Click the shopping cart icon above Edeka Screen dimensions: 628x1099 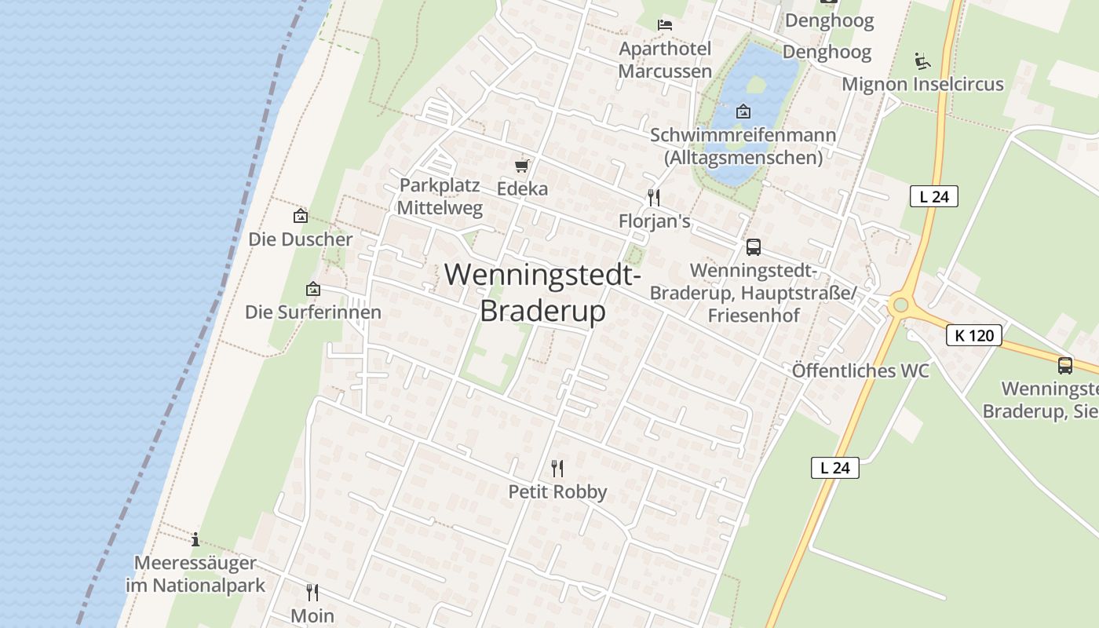pyautogui.click(x=522, y=166)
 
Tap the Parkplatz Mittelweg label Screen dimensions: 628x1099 pyautogui.click(x=440, y=197)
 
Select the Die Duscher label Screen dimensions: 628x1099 pyautogui.click(x=301, y=239)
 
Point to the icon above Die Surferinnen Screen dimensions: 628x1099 pyautogui.click(x=313, y=290)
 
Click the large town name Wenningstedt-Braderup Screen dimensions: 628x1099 pyautogui.click(x=543, y=293)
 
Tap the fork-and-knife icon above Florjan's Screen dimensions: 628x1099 pyautogui.click(x=653, y=197)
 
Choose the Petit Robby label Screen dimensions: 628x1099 pyautogui.click(x=557, y=492)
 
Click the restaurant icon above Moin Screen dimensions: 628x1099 pyautogui.click(x=312, y=592)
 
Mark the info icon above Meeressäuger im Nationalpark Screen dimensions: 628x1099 pyautogui.click(x=195, y=539)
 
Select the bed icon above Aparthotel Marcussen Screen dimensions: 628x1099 pyautogui.click(x=665, y=25)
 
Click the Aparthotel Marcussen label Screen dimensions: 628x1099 pyautogui.click(x=665, y=60)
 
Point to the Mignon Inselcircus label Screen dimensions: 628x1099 pyautogui.click(x=922, y=84)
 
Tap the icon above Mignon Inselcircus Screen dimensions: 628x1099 pyautogui.click(x=922, y=60)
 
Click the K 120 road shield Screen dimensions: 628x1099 pyautogui.click(x=974, y=335)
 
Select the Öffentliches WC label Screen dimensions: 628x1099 pyautogui.click(x=860, y=371)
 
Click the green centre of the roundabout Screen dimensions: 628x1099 pyautogui.click(x=900, y=305)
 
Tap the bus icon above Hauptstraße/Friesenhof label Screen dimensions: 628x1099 pyautogui.click(x=754, y=247)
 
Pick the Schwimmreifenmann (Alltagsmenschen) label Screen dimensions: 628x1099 pyautogui.click(x=743, y=146)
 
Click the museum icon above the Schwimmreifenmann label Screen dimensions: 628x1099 pyautogui.click(x=743, y=111)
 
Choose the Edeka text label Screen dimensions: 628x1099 pyautogui.click(x=522, y=189)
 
